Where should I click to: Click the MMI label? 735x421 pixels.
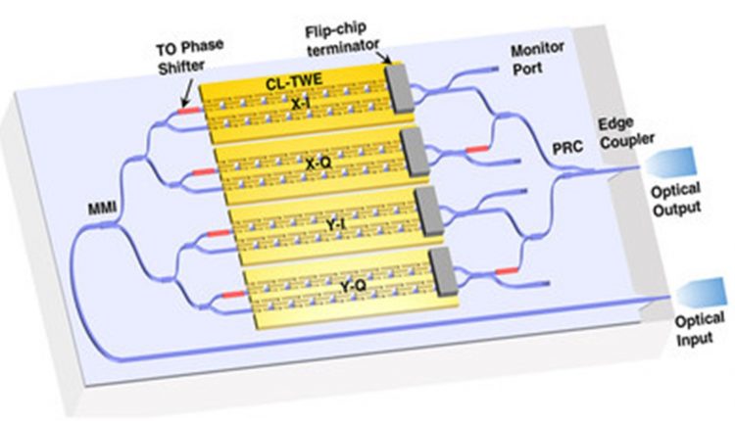(102, 208)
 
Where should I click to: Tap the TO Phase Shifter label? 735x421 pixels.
(190, 57)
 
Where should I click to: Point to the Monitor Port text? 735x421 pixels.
(537, 59)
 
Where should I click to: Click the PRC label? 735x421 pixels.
(567, 148)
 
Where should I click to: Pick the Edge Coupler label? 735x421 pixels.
(626, 133)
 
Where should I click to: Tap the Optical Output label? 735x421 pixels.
(676, 200)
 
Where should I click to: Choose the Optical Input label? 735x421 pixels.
(700, 329)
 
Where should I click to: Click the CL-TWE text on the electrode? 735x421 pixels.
(294, 82)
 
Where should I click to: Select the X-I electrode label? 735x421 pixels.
(300, 104)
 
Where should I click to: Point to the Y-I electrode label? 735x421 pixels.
(336, 224)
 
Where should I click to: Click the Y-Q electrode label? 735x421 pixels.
(353, 285)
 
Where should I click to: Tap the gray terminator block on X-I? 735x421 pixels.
(399, 88)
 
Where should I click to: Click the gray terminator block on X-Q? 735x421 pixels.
(415, 152)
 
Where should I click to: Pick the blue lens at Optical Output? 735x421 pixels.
(670, 162)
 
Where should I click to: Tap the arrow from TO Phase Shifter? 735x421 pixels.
(186, 94)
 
